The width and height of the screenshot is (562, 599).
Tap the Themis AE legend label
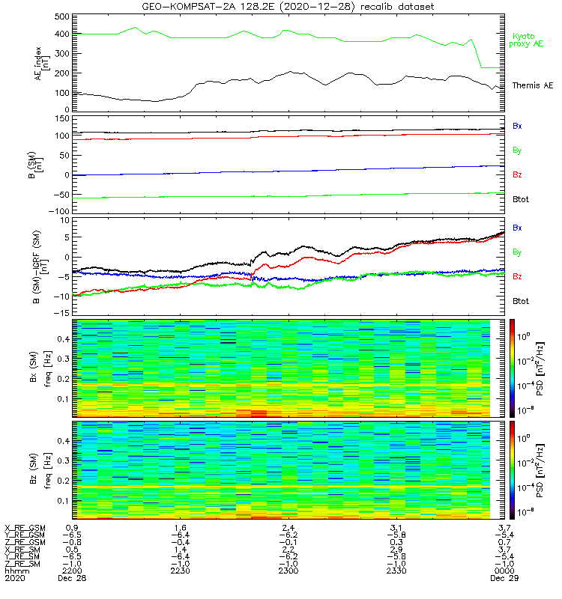click(x=533, y=85)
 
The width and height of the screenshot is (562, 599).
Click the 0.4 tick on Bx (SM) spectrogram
click(x=64, y=339)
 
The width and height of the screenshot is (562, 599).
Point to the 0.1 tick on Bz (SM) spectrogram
click(x=64, y=500)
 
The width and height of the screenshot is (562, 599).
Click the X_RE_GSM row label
click(x=24, y=528)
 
